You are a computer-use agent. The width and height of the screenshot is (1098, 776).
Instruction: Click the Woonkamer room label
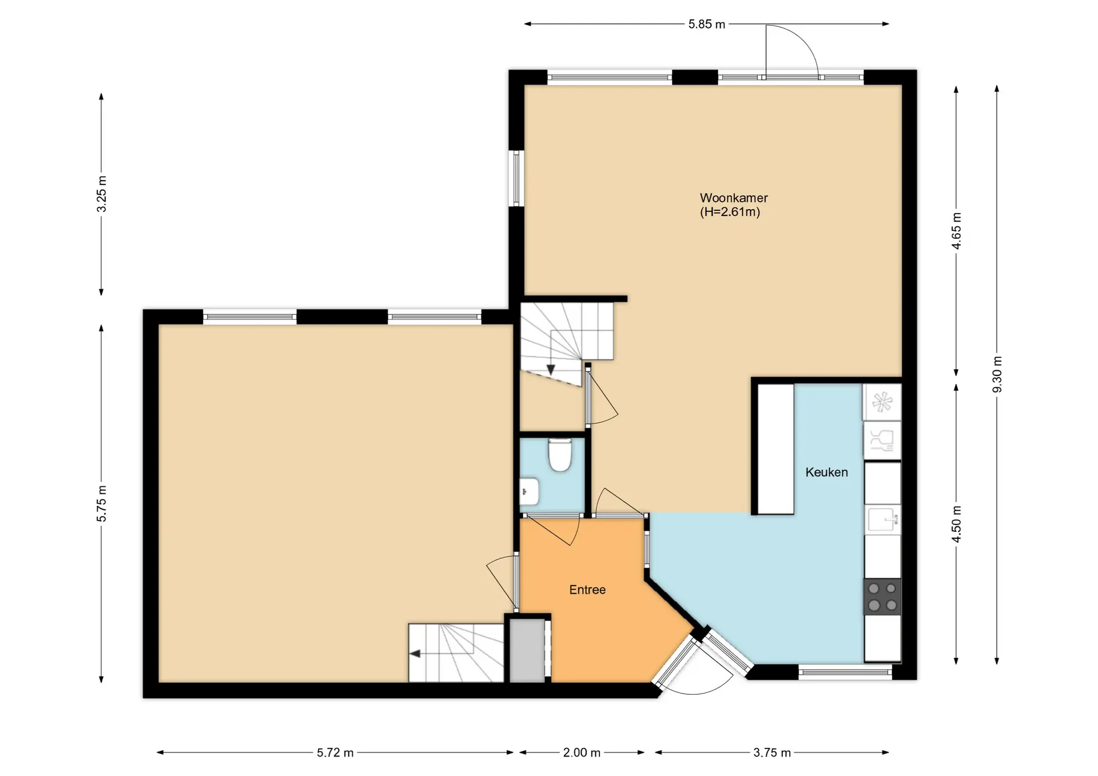coord(734,198)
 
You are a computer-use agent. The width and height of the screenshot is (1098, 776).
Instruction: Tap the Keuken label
coord(826,472)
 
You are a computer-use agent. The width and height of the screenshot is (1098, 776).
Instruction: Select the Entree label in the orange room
coord(587,590)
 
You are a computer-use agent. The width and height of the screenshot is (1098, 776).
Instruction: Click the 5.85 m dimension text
coord(706,24)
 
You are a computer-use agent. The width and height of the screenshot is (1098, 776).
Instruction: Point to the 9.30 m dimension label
coord(997,374)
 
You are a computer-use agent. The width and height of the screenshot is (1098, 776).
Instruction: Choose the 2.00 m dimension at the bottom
coord(582,753)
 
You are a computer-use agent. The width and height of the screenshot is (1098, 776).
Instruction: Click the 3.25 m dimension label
coord(101,194)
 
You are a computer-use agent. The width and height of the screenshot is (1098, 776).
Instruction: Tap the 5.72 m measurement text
coord(335,753)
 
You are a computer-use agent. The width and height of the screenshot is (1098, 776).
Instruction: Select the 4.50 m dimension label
coord(956,524)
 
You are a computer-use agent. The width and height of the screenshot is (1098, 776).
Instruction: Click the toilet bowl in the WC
coord(560,454)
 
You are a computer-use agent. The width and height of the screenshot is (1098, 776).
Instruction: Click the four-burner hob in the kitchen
coord(882,597)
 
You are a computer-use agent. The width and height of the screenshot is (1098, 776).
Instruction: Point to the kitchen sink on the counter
coord(882,519)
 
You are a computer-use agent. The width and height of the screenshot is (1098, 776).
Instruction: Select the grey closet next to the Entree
coord(527,650)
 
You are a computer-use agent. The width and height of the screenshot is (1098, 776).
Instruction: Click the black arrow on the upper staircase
coord(551,370)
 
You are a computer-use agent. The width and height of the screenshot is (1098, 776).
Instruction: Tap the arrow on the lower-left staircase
coord(415,653)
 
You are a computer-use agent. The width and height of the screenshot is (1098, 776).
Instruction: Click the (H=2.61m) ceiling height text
coord(730,212)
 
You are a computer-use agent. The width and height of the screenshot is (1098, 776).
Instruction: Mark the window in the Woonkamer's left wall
coord(516,178)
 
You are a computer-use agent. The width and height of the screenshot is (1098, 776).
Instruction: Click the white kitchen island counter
coord(776,449)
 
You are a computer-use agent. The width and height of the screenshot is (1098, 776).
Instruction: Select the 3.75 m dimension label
coord(772,753)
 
